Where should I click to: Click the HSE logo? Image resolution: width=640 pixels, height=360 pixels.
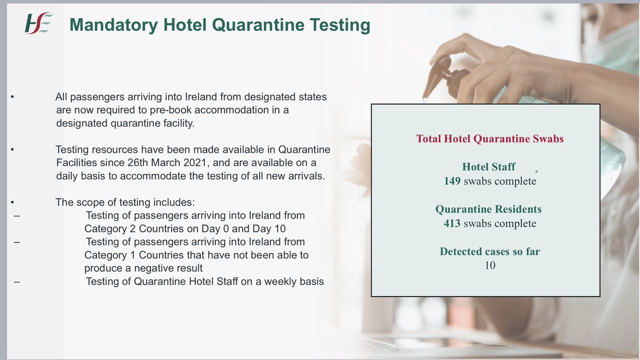tap(38, 24)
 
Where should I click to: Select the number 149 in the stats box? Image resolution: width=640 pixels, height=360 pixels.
tap(452, 181)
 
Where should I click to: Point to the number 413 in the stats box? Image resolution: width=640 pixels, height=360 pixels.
tap(452, 223)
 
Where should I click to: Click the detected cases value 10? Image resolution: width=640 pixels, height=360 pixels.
tap(490, 265)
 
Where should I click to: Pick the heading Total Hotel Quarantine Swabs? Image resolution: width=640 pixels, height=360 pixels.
tap(490, 139)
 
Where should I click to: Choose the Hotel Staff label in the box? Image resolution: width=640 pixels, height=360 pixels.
tap(490, 167)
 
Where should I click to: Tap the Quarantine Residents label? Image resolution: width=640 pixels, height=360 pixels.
tap(489, 209)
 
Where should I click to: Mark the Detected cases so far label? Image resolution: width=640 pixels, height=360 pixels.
tap(490, 251)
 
